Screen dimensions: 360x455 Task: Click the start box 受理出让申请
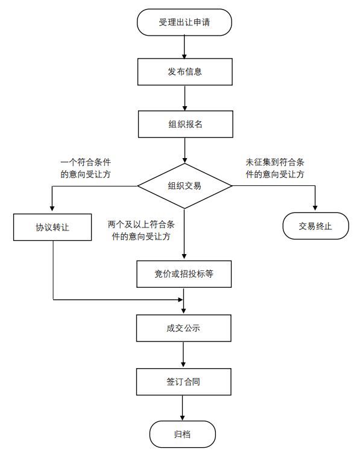(x=185, y=22)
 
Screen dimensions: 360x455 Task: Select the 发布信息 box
(x=185, y=72)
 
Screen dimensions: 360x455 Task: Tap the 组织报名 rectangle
(x=186, y=124)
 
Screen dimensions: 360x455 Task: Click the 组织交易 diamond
(x=185, y=186)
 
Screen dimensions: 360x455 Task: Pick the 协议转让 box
(x=52, y=227)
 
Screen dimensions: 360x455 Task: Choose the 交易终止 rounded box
(x=315, y=226)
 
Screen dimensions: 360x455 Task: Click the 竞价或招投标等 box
(x=184, y=274)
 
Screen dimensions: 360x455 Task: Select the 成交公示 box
(x=184, y=328)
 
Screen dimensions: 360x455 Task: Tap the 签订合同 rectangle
(x=184, y=382)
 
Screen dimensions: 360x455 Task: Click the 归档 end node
(x=183, y=434)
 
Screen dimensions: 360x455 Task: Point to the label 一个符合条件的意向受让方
(x=86, y=168)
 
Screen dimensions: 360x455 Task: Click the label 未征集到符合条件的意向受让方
(x=275, y=168)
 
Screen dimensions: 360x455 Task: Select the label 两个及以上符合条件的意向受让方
(x=141, y=231)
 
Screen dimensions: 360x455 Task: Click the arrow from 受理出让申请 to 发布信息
(x=185, y=47)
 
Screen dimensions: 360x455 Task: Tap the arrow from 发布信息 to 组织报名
(x=185, y=98)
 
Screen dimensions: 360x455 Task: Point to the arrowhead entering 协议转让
(x=52, y=208)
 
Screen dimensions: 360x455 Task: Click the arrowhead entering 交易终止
(x=315, y=208)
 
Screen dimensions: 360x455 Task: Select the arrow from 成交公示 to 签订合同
(x=183, y=355)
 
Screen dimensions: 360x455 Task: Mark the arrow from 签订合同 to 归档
(x=182, y=408)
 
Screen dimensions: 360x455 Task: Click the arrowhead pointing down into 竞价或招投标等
(x=184, y=256)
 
